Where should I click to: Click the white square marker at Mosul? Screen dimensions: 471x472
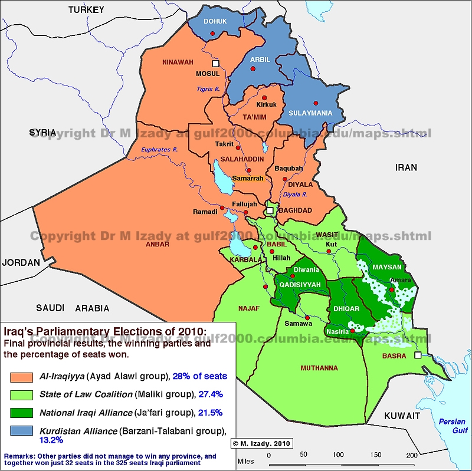pos(216,62)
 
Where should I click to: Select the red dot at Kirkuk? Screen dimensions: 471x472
pos(264,98)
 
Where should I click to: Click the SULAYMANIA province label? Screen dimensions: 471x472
pos(310,113)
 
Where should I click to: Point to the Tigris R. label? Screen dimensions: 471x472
pos(207,90)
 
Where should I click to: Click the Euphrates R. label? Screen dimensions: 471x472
pos(159,150)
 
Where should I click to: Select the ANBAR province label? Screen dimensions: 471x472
pos(158,244)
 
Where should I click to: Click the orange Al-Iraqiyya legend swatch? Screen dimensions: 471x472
pos(27,376)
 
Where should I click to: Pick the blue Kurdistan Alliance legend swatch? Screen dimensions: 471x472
pos(27,433)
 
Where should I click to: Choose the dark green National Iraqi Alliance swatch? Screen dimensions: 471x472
pos(27,413)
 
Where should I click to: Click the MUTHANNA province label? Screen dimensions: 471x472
pos(319,368)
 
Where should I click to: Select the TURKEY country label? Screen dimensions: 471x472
pos(86,9)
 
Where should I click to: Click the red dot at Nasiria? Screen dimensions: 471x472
pos(353,331)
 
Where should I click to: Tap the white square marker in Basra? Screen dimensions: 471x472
pos(418,356)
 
